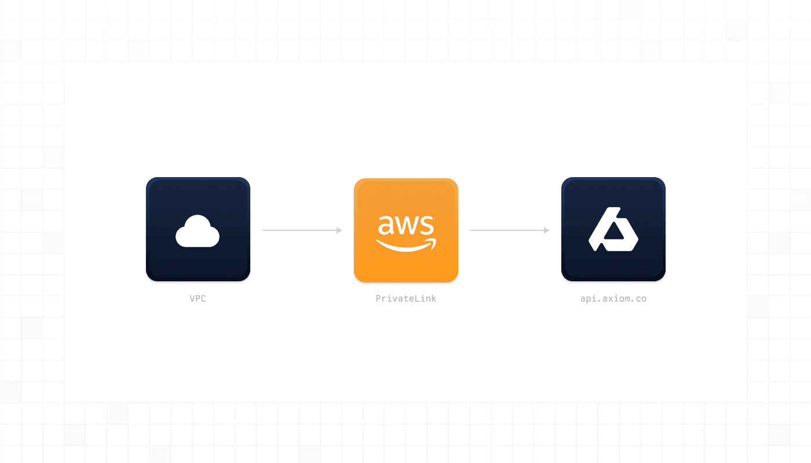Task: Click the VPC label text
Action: pyautogui.click(x=198, y=299)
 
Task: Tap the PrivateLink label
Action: pyautogui.click(x=405, y=299)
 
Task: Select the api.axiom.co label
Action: pyautogui.click(x=613, y=299)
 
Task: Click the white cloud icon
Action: pyautogui.click(x=198, y=231)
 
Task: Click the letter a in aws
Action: pyautogui.click(x=386, y=225)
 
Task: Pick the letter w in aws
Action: pyautogui.click(x=405, y=225)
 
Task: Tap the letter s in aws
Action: pyautogui.click(x=426, y=225)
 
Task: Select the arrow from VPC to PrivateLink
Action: pyautogui.click(x=301, y=230)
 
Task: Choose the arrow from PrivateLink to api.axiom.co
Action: pyautogui.click(x=509, y=230)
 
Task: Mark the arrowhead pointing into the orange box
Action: pyautogui.click(x=339, y=230)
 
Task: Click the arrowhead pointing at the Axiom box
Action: pyautogui.click(x=547, y=230)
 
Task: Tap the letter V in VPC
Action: pyautogui.click(x=192, y=299)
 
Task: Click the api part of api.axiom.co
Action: pyautogui.click(x=589, y=299)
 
